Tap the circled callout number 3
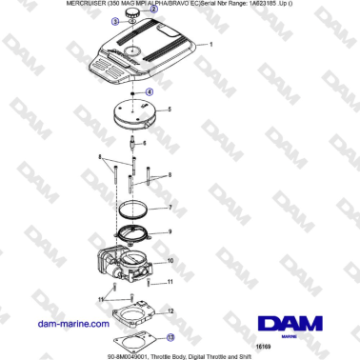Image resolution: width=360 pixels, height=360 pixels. (x=115, y=20)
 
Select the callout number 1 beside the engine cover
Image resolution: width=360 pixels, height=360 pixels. (x=210, y=45)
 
